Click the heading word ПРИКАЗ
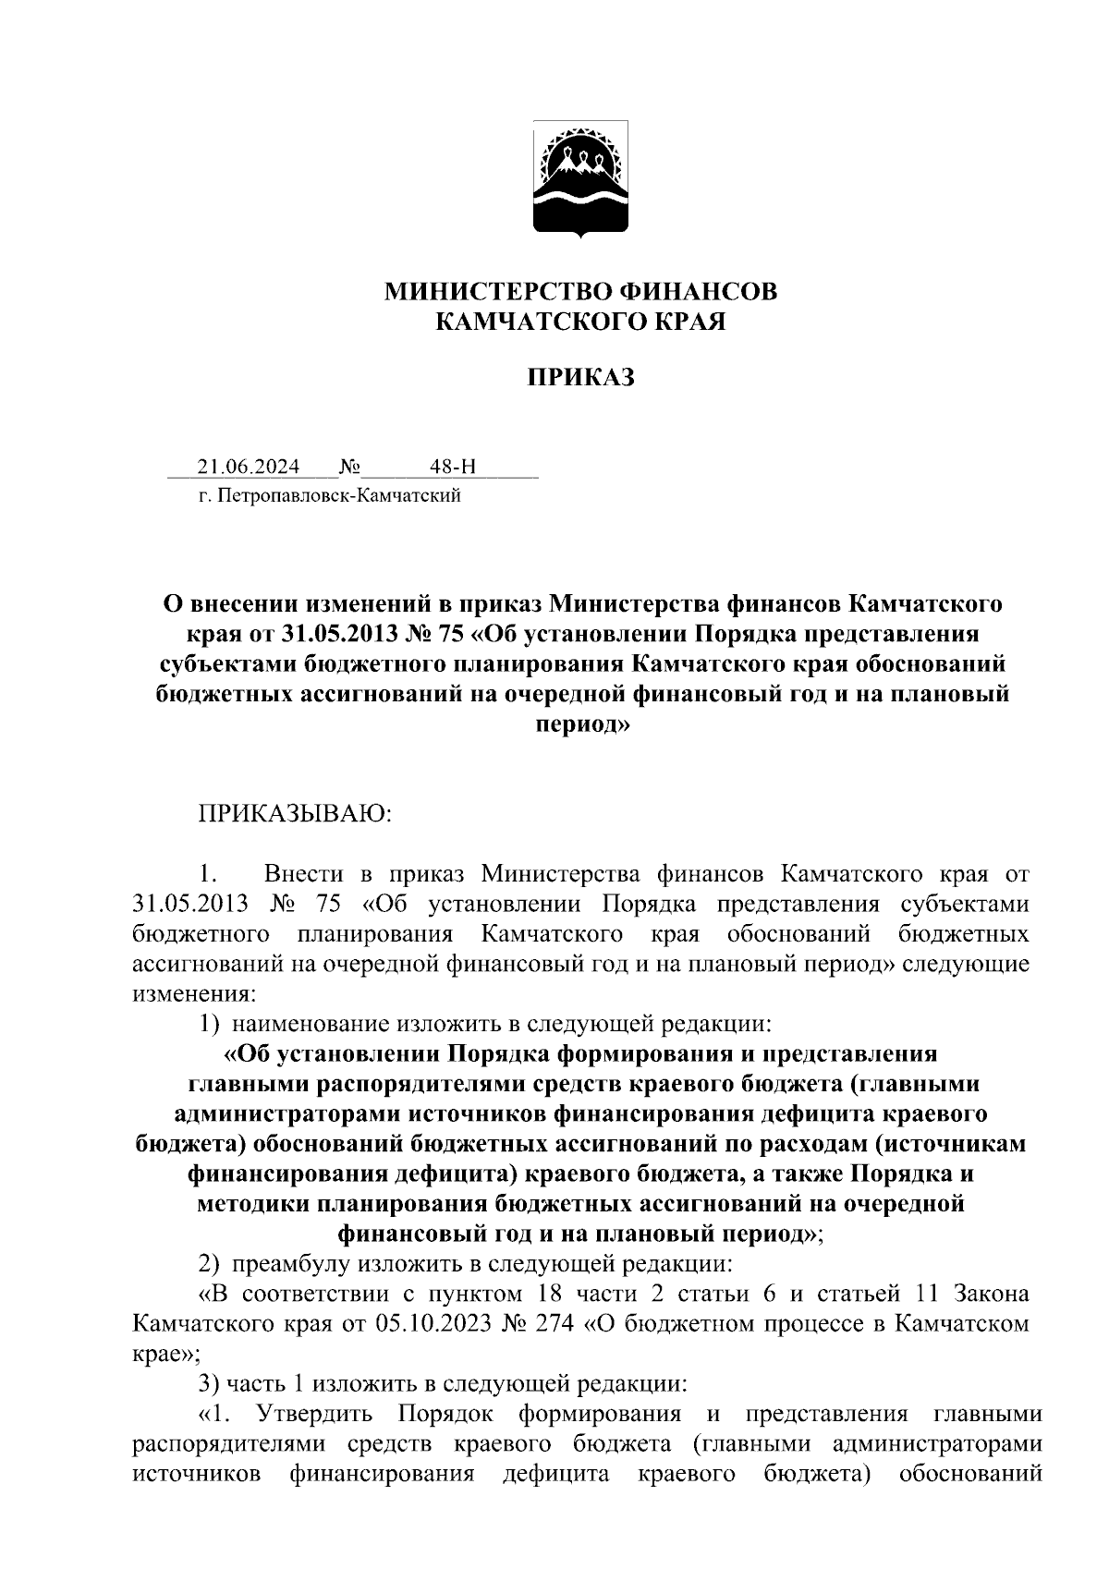581,377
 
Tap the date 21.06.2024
235,467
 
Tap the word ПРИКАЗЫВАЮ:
295,814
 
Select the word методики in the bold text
251,1204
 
